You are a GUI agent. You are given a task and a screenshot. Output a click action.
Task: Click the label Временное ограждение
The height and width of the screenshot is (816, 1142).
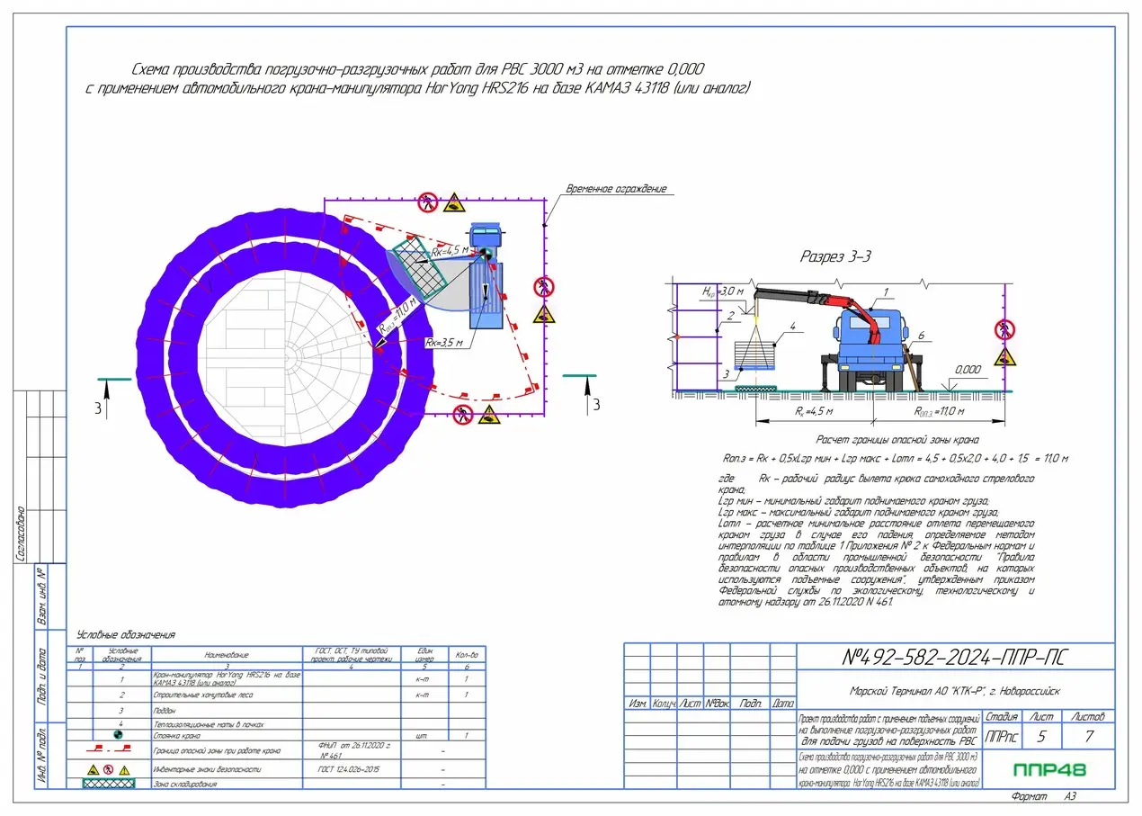point(616,189)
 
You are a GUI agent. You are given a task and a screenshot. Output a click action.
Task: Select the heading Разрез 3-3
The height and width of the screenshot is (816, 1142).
point(835,256)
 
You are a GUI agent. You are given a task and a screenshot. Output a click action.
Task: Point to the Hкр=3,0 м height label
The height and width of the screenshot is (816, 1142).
point(723,291)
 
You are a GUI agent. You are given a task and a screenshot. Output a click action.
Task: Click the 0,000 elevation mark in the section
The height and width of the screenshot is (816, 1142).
point(968,369)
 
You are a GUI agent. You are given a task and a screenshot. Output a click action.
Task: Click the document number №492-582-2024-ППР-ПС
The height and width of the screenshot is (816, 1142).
point(956,658)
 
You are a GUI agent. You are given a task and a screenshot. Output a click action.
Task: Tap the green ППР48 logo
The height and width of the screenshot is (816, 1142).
point(1048,770)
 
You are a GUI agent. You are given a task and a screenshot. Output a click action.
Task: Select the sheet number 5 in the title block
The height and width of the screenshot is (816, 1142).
point(1041,737)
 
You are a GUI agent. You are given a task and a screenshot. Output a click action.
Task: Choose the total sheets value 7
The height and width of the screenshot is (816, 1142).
point(1089,737)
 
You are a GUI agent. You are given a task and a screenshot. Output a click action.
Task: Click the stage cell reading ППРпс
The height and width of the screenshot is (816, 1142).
point(1002,737)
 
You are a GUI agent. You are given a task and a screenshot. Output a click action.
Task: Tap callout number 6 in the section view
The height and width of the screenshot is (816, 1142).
point(920,335)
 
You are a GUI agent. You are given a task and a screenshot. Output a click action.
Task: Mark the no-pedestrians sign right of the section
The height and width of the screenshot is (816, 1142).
point(1004,329)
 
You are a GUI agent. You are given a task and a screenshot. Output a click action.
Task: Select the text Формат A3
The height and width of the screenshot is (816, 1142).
point(1043,796)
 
